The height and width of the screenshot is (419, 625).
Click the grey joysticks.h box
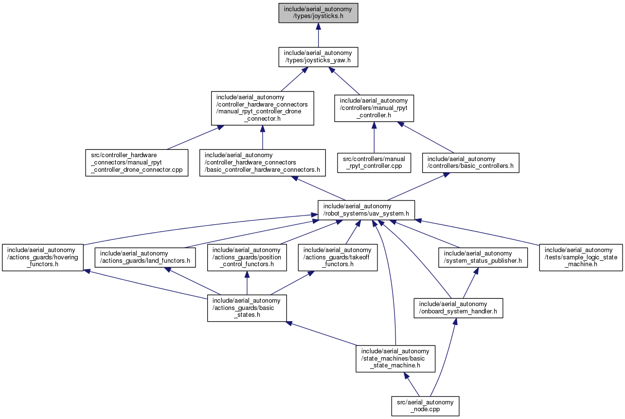[318, 13]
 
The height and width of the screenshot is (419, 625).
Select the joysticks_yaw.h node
[318, 57]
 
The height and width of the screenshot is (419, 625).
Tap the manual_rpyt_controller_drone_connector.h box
[262, 108]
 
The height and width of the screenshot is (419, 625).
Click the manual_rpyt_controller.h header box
[374, 108]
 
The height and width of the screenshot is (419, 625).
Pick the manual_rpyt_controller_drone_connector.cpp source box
[137, 163]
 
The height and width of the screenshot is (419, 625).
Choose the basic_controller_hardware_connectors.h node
[262, 163]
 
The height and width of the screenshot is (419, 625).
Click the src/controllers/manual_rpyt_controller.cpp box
[374, 163]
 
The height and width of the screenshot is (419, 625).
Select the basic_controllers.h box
[470, 163]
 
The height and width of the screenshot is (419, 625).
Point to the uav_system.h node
[366, 210]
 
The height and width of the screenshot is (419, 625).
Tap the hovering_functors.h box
[43, 257]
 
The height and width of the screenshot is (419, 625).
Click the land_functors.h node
[145, 257]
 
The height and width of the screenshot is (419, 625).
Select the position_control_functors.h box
[247, 257]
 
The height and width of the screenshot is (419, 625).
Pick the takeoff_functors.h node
[338, 257]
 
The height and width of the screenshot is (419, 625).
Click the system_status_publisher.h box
[483, 257]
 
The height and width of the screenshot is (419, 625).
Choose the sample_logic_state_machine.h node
[581, 257]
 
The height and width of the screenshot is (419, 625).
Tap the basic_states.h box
[247, 308]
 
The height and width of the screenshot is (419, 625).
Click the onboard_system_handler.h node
[459, 308]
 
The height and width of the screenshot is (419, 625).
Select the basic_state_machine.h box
[395, 359]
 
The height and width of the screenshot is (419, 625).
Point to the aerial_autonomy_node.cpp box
[425, 406]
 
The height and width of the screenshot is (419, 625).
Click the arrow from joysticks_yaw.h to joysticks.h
[318, 35]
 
